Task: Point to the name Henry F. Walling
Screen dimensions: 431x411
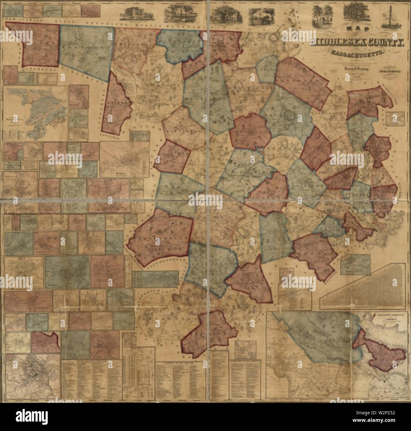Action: pos(357,68)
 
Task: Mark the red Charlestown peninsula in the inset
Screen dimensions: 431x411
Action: pos(383,350)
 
